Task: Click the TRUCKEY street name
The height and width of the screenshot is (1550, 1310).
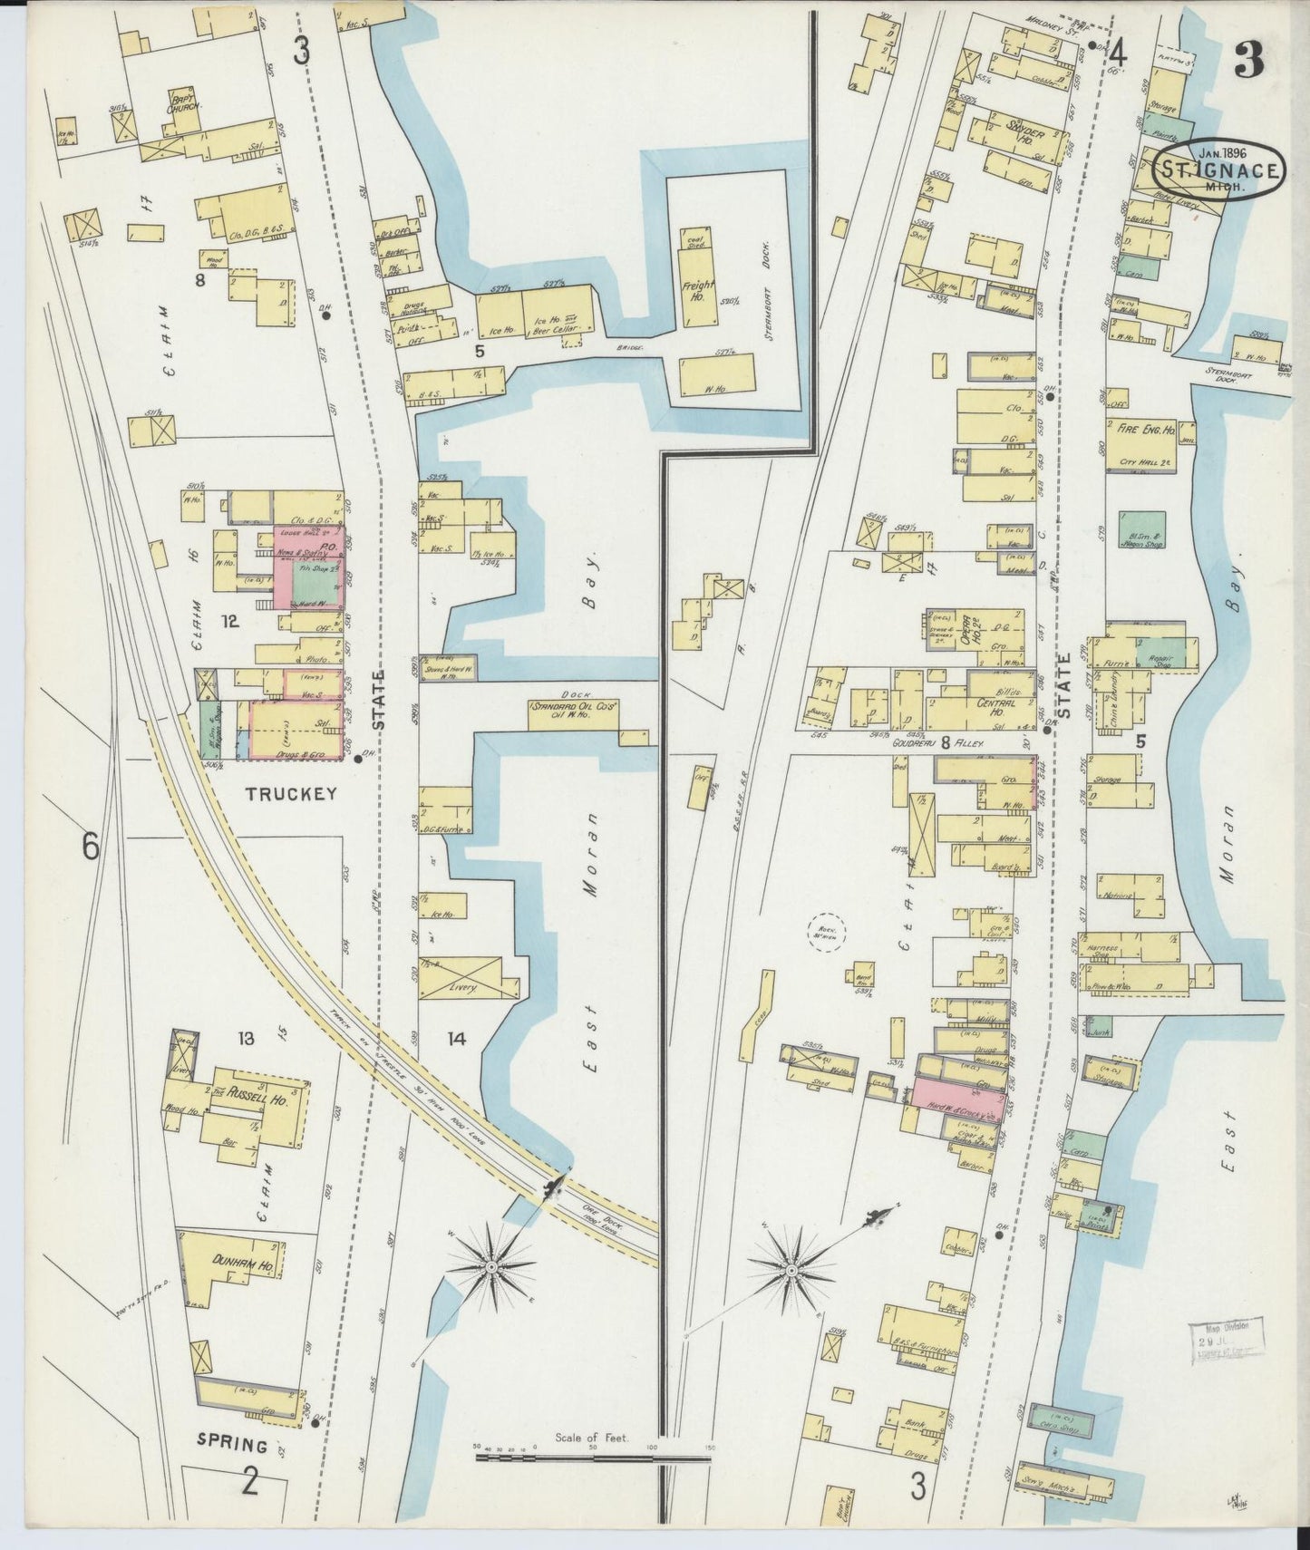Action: pyautogui.click(x=291, y=793)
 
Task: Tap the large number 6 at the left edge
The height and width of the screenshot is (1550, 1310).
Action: pyautogui.click(x=90, y=848)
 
